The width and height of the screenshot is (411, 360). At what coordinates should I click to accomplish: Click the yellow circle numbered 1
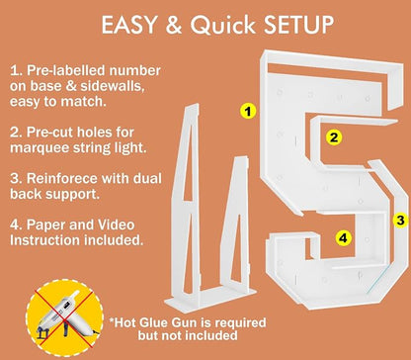[248, 111]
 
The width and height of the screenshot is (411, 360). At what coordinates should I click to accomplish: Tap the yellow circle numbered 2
[334, 137]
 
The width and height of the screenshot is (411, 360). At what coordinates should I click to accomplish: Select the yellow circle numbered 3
[400, 221]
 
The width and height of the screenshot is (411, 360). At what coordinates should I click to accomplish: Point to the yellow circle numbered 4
[344, 237]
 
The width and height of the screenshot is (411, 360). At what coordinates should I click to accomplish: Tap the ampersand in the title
[174, 25]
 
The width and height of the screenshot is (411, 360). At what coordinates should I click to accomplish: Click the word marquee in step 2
[39, 148]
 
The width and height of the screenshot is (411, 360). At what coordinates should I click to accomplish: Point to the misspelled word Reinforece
[61, 178]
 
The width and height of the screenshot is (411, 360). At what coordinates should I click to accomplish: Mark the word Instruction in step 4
[44, 240]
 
